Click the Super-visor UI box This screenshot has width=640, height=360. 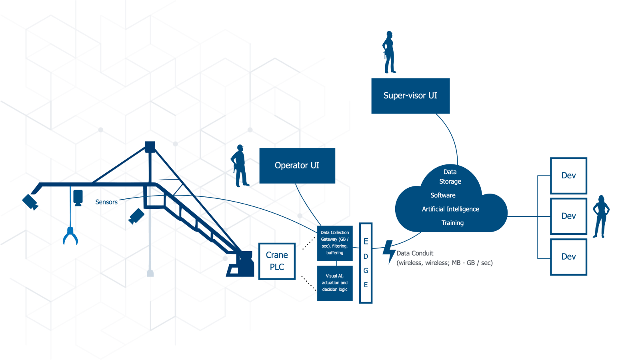(410, 96)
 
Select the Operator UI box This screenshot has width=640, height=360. (297, 166)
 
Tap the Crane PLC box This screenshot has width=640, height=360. (277, 261)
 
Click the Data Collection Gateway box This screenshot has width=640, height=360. (335, 243)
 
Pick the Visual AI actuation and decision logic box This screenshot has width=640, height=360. (335, 283)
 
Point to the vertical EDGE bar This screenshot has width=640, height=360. (366, 263)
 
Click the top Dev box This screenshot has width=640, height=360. (568, 176)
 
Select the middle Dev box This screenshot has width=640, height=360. (568, 216)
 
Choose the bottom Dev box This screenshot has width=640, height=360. (568, 257)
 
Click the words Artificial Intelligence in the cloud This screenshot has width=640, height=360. (450, 209)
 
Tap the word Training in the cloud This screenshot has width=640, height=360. (452, 223)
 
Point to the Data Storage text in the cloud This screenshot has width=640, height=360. (450, 177)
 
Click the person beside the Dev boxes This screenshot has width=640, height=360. (600, 216)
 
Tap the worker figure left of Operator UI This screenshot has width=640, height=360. (240, 166)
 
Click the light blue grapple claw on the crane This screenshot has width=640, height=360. (70, 236)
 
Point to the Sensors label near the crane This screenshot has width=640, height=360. (106, 202)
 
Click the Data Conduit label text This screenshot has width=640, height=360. (415, 253)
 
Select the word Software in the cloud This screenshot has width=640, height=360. (443, 195)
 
